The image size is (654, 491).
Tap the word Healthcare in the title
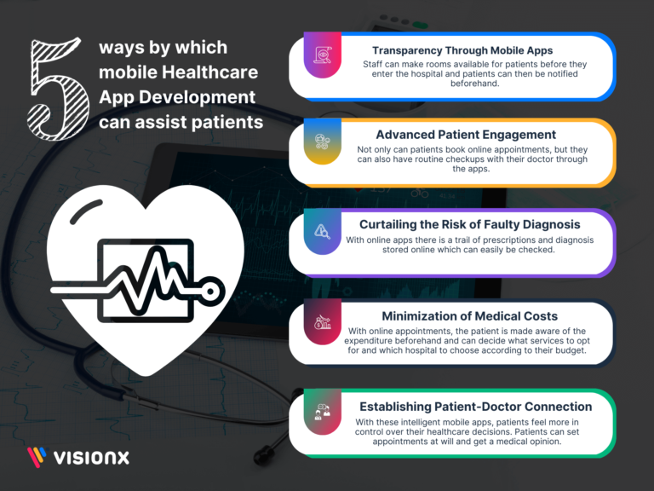click(209, 72)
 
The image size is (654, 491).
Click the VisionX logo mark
click(37, 457)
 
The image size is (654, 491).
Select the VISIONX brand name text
click(91, 458)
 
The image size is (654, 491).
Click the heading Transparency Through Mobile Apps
click(462, 50)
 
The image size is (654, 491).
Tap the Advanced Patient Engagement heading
click(466, 135)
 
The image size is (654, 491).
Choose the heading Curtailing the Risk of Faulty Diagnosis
click(470, 224)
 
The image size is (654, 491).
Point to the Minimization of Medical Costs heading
click(470, 316)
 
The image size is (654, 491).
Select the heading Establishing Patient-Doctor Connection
click(476, 407)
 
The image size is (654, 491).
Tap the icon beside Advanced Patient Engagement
click(323, 142)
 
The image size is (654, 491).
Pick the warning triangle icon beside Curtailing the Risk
click(322, 231)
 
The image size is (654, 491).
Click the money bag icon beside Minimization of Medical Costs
click(323, 322)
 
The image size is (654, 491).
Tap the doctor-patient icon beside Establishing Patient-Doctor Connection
click(322, 412)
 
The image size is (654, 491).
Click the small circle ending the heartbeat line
click(211, 291)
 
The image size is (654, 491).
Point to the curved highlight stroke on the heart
click(84, 210)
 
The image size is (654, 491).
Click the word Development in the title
click(197, 97)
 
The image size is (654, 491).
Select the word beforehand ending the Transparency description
click(474, 83)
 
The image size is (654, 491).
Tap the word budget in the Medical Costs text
click(572, 350)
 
